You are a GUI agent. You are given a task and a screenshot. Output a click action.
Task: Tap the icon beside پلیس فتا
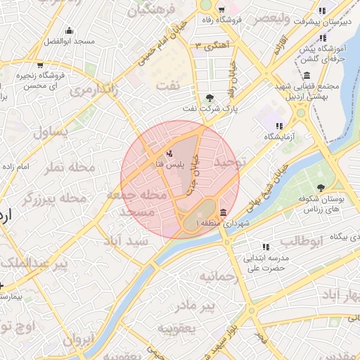(x=169, y=153)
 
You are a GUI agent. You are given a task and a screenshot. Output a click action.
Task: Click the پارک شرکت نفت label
(x=211, y=109)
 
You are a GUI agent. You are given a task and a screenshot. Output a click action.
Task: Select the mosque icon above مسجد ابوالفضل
(x=69, y=30)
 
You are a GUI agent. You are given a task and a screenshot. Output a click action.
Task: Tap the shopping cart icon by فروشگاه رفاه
(x=221, y=10)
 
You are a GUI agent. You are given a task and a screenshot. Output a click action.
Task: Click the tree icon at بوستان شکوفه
(x=321, y=188)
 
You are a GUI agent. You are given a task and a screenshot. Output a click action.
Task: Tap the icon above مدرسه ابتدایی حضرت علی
(x=266, y=247)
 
